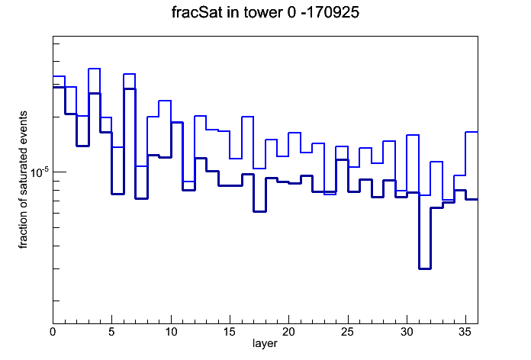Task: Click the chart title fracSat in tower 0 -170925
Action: pyautogui.click(x=265, y=12)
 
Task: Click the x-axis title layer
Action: pyautogui.click(x=265, y=343)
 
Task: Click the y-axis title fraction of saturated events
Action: pyautogui.click(x=23, y=180)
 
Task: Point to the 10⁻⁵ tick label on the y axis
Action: pyautogui.click(x=40, y=172)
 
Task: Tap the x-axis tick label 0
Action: pyautogui.click(x=53, y=332)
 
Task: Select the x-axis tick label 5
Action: pyautogui.click(x=111, y=332)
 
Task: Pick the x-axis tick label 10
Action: pyautogui.click(x=171, y=332)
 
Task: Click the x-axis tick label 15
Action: pyautogui.click(x=230, y=332)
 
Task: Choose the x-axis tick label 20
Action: pyautogui.click(x=288, y=332)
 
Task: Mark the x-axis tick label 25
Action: pyautogui.click(x=347, y=332)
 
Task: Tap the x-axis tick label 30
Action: pyautogui.click(x=407, y=332)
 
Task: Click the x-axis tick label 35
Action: pyautogui.click(x=465, y=332)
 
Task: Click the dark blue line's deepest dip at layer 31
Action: pyautogui.click(x=425, y=268)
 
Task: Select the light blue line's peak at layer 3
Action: pyautogui.click(x=94, y=69)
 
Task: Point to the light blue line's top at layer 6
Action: pyautogui.click(x=130, y=74)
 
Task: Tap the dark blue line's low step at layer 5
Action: pyautogui.click(x=117, y=194)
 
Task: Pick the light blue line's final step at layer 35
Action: pyautogui.click(x=471, y=132)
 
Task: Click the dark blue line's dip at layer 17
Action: pyautogui.click(x=259, y=211)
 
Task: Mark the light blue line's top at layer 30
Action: pyautogui.click(x=413, y=135)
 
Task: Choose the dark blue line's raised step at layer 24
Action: pyautogui.click(x=342, y=159)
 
